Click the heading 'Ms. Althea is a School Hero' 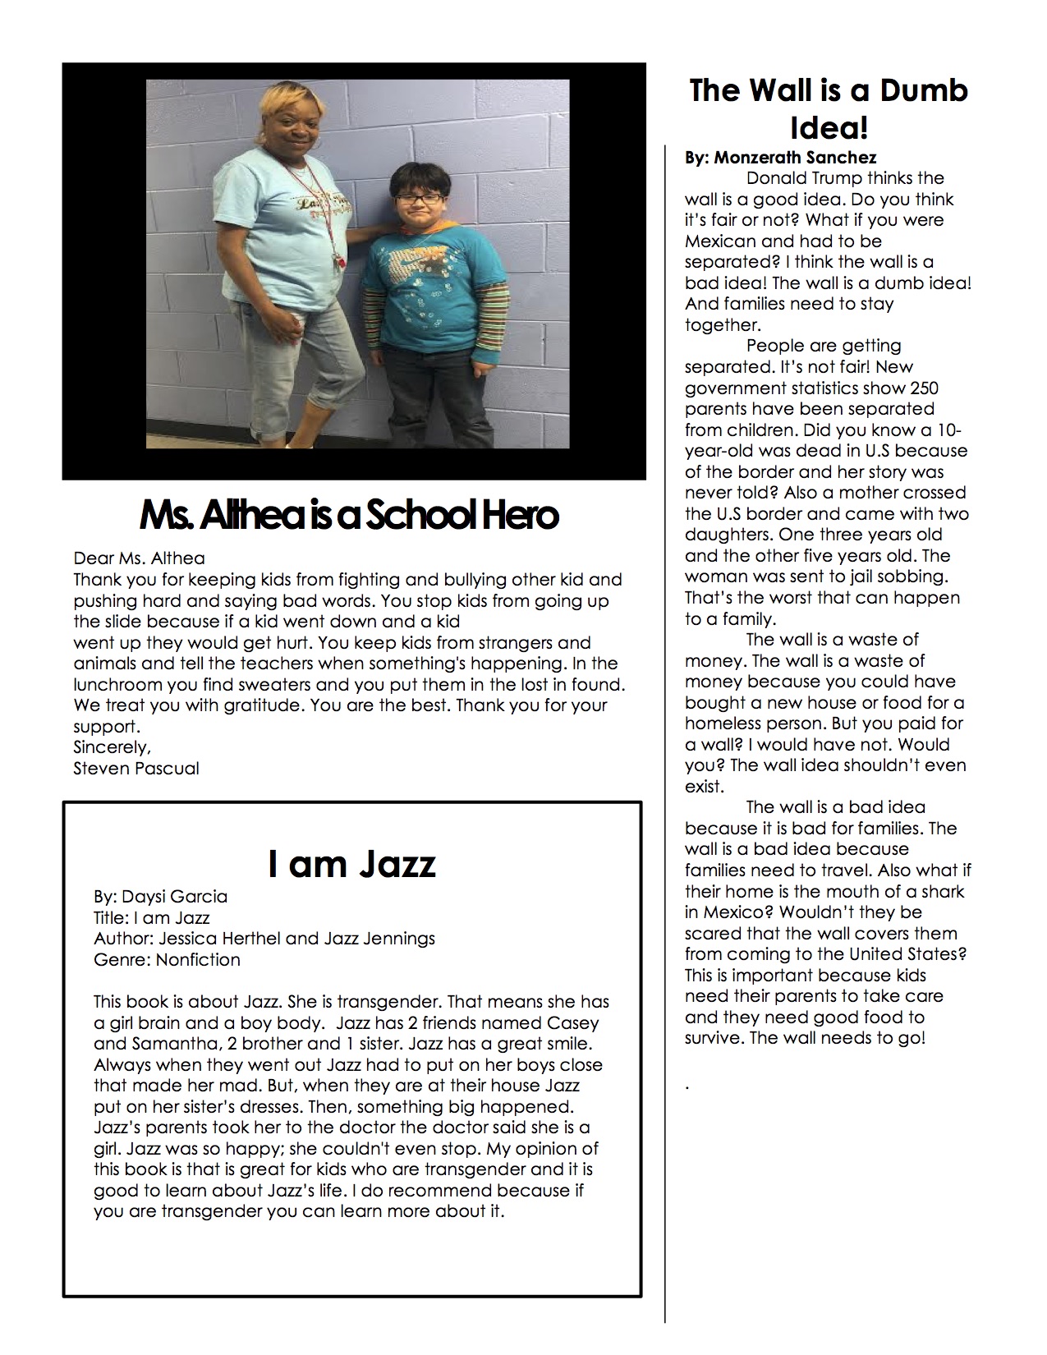[x=349, y=515]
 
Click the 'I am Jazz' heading [x=351, y=864]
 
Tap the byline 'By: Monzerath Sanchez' [x=780, y=157]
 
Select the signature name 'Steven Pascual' [x=136, y=769]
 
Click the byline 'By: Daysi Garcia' [x=160, y=896]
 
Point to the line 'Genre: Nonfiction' [x=167, y=959]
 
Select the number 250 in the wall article [x=925, y=388]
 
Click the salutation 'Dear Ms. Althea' [x=139, y=559]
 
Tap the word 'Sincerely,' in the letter [x=113, y=747]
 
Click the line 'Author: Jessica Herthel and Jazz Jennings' [x=264, y=938]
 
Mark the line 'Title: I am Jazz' [x=152, y=917]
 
